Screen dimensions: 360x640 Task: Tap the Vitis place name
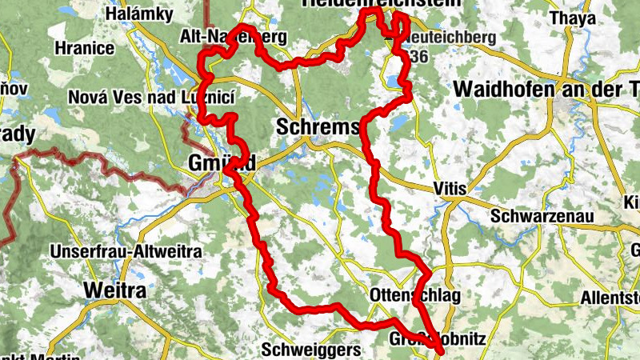click(447, 188)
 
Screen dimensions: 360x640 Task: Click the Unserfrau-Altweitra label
click(125, 252)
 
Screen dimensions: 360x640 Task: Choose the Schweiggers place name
click(301, 350)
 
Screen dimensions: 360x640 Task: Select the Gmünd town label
click(222, 162)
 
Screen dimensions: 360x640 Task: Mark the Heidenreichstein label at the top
click(382, 4)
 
